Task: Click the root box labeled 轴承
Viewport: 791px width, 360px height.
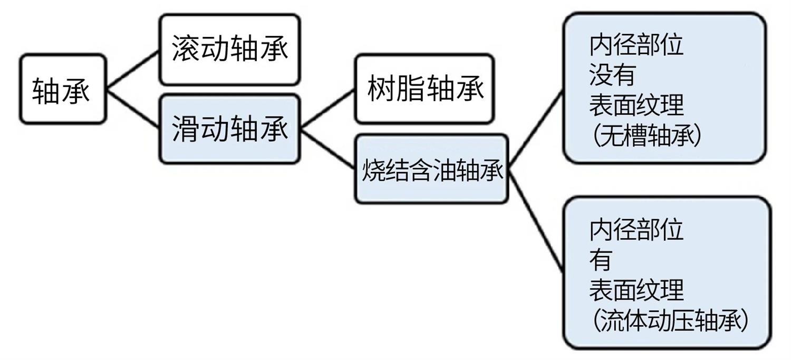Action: coord(62,90)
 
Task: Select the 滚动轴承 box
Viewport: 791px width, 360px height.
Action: coord(230,50)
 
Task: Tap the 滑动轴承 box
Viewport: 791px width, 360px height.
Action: coord(230,129)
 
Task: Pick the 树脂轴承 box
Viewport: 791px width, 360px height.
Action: coord(425,89)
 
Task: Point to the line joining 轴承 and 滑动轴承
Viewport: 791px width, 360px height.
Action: coord(133,109)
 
